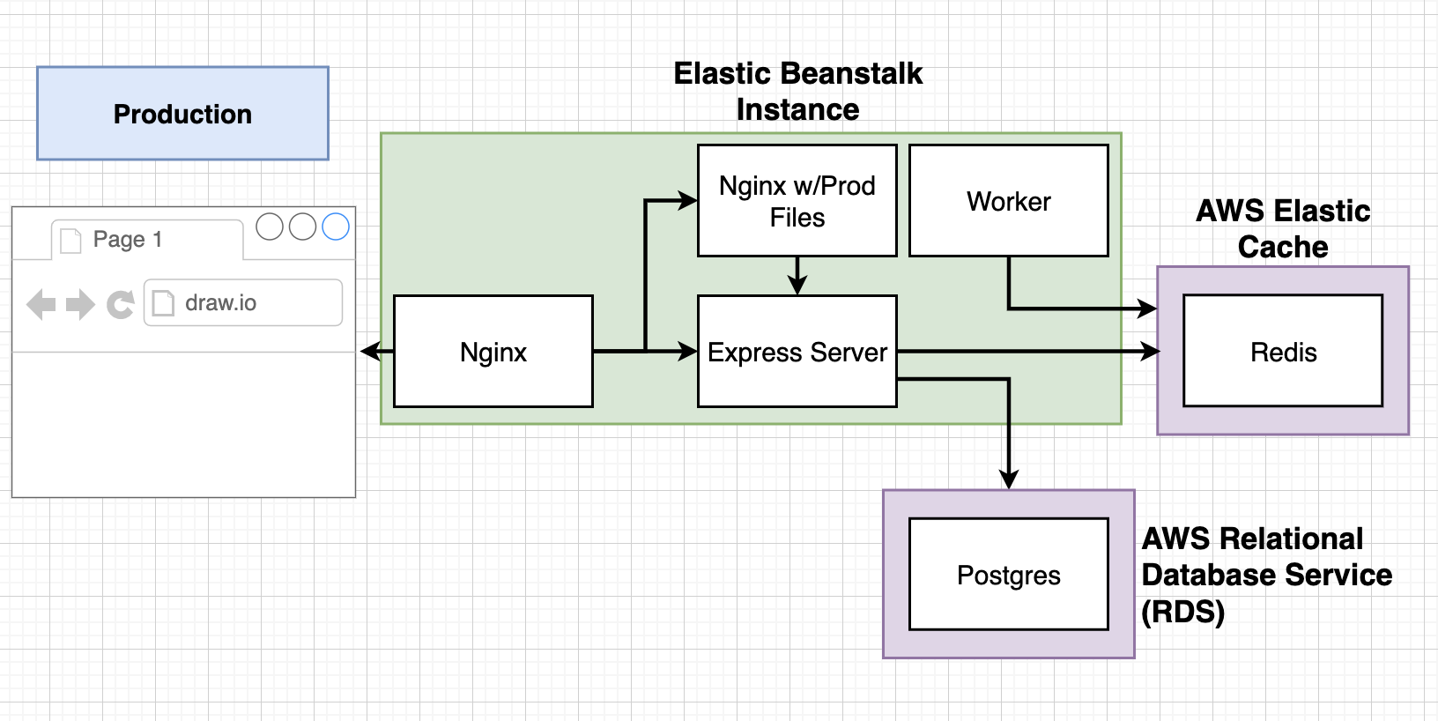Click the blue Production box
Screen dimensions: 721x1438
182,114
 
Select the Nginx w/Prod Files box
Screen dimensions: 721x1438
797,201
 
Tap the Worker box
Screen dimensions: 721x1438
1008,201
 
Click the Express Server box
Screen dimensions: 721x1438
797,352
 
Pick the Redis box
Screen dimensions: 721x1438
1282,352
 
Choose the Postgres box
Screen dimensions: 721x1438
1008,575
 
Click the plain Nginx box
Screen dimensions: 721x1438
493,352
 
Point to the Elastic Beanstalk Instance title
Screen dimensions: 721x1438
797,91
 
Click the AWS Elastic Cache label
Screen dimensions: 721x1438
1282,228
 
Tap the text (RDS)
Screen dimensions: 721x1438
1182,611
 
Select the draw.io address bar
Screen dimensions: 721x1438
243,303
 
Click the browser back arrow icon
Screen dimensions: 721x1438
41,305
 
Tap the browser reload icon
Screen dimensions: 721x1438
120,305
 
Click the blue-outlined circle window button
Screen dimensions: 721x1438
336,227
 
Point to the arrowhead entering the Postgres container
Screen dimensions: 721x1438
1008,479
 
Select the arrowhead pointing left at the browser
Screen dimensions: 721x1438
370,352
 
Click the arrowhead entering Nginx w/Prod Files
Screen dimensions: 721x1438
687,201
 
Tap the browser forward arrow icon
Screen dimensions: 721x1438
80,305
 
